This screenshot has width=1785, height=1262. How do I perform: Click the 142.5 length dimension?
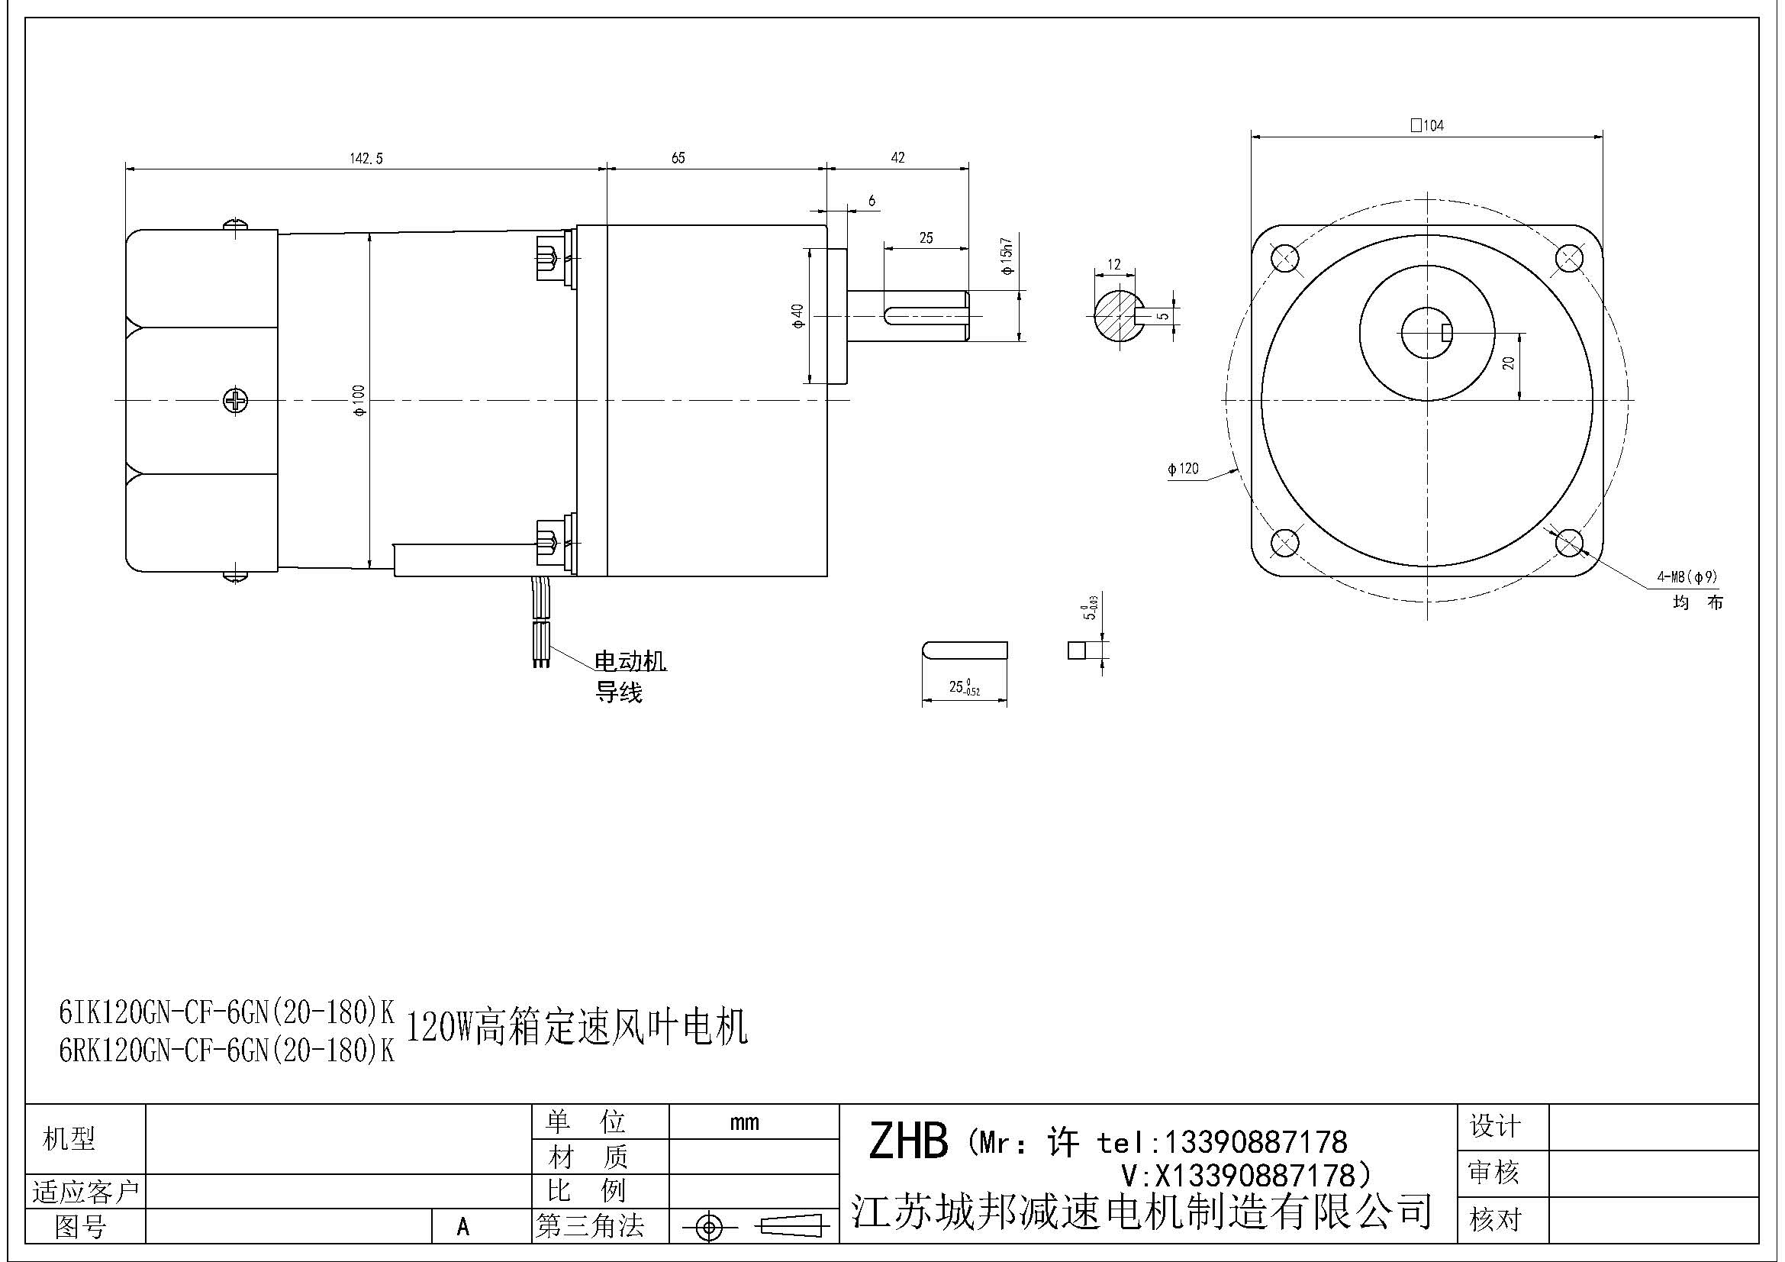[x=366, y=159]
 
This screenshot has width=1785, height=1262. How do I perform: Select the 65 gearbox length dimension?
[x=678, y=158]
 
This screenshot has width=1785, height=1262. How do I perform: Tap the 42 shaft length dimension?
[x=897, y=158]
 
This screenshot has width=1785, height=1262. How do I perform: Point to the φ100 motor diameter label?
[x=359, y=401]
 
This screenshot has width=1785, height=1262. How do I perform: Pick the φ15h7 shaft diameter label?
[x=1007, y=257]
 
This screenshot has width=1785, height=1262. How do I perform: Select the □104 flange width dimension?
[x=1426, y=125]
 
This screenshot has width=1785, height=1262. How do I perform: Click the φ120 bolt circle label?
[x=1184, y=469]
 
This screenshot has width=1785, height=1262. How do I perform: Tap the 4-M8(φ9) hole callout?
[x=1687, y=577]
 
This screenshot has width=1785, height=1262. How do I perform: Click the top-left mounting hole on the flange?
[x=1284, y=257]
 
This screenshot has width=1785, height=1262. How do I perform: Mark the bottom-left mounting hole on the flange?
[x=1284, y=542]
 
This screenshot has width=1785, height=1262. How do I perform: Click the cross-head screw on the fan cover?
[x=236, y=401]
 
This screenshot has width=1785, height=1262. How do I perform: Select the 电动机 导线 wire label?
[x=630, y=676]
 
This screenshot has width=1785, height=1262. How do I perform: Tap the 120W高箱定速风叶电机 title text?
[x=577, y=1028]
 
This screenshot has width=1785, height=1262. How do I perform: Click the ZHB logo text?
[x=908, y=1141]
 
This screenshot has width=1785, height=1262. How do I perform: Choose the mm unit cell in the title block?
[x=745, y=1122]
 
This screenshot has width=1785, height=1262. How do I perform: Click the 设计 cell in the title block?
[x=1494, y=1126]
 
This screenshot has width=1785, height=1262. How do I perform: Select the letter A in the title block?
[x=463, y=1227]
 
